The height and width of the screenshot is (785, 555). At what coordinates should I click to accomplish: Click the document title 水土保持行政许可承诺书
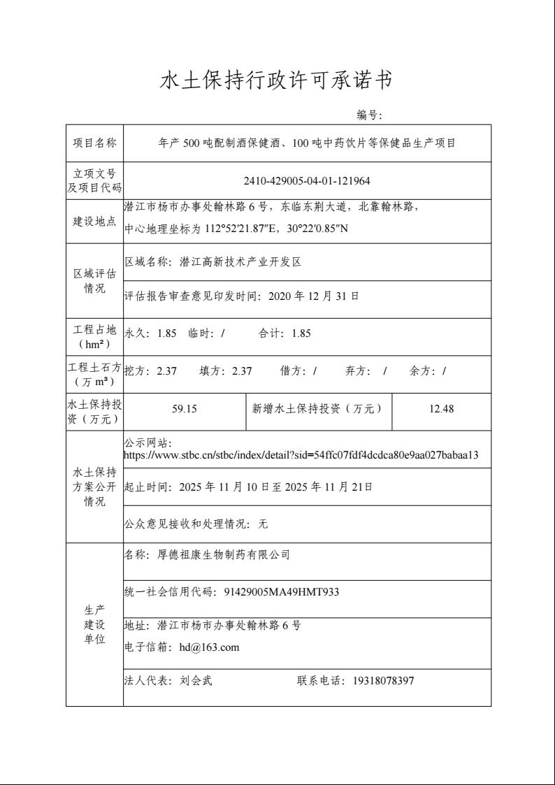277,81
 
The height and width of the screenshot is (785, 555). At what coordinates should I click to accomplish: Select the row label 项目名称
94,143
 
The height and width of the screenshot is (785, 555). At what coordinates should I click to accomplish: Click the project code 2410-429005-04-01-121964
307,181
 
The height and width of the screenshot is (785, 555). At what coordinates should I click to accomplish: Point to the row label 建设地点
94,222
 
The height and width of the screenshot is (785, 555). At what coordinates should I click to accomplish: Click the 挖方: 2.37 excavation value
150,371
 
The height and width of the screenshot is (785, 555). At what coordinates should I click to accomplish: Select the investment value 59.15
185,409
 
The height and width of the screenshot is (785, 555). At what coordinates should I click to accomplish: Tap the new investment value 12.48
441,409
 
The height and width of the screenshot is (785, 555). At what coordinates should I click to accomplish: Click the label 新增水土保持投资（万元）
317,409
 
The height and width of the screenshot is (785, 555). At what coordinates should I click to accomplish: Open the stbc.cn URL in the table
301,455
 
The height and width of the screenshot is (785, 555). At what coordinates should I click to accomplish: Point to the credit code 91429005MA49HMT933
282,592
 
